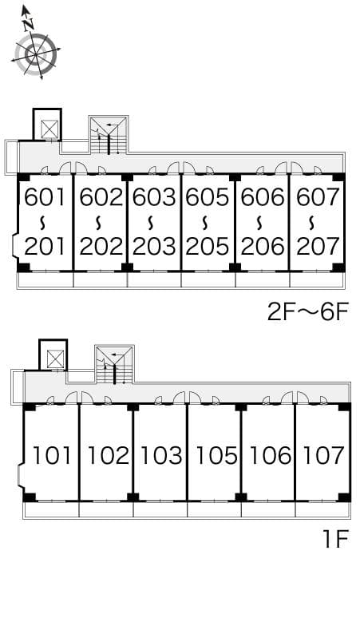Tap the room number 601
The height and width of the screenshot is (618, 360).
click(45, 197)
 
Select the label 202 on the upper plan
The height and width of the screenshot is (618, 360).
click(101, 247)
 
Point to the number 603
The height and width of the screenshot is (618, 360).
click(154, 197)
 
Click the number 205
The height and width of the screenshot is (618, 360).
click(208, 247)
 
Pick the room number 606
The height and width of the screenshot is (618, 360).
click(263, 197)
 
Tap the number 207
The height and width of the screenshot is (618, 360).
click(318, 247)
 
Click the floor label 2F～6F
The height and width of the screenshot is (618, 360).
click(308, 312)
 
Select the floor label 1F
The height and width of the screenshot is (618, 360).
click(336, 539)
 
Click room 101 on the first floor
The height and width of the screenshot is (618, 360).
click(52, 456)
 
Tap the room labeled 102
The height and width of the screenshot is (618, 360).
click(108, 456)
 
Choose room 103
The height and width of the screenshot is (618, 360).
click(161, 456)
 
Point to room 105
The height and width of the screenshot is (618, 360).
click(216, 456)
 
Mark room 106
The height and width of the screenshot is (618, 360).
click(270, 456)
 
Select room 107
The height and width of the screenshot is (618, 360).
click(324, 456)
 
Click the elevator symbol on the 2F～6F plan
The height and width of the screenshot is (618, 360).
click(50, 129)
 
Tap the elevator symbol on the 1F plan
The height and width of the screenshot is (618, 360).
click(56, 359)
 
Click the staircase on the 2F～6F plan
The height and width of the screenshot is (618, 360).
click(109, 135)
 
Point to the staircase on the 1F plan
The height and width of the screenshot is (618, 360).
click(115, 365)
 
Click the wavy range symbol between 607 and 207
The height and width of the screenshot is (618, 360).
click(312, 223)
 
